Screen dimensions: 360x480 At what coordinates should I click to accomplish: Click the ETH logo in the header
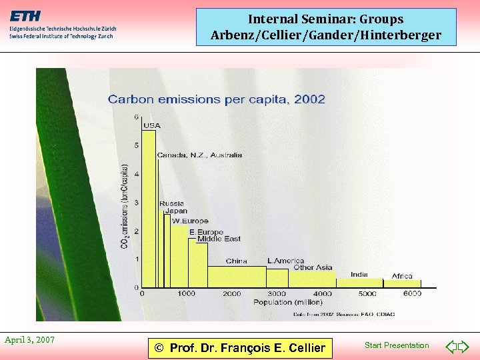pyautogui.click(x=27, y=15)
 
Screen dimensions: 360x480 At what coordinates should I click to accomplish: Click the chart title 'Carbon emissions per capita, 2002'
pyautogui.click(x=217, y=99)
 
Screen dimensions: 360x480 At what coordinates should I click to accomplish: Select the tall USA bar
pyautogui.click(x=148, y=207)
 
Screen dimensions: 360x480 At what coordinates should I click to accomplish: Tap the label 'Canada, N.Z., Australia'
pyautogui.click(x=199, y=155)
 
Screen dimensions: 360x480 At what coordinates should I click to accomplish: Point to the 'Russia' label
pyautogui.click(x=171, y=203)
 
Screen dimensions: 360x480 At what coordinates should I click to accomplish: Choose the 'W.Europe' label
pyautogui.click(x=190, y=221)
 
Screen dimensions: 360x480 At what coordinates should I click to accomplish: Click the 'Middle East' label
pyautogui.click(x=219, y=239)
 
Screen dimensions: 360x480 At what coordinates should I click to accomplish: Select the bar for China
pyautogui.click(x=237, y=276)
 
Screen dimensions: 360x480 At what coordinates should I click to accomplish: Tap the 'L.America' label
pyautogui.click(x=285, y=261)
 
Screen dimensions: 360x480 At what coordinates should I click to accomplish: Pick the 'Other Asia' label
pyautogui.click(x=313, y=267)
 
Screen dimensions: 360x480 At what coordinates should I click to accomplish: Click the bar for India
pyautogui.click(x=359, y=283)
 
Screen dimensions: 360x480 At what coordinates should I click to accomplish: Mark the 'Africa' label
pyautogui.click(x=402, y=276)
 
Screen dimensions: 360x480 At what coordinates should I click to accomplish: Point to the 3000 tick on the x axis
pyautogui.click(x=277, y=293)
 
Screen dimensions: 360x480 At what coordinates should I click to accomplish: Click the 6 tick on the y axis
pyautogui.click(x=137, y=117)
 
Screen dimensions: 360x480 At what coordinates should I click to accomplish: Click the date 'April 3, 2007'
pyautogui.click(x=29, y=340)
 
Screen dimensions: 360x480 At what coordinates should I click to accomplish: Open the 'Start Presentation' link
pyautogui.click(x=397, y=345)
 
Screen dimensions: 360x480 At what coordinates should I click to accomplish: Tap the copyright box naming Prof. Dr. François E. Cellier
pyautogui.click(x=239, y=347)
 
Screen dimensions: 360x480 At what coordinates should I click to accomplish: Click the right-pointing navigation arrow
pyautogui.click(x=464, y=346)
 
